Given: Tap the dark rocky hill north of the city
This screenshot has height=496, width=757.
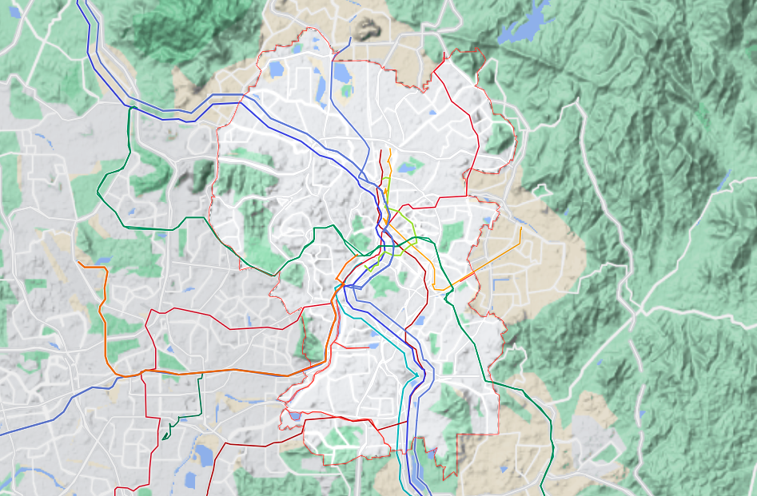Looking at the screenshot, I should point(367,28).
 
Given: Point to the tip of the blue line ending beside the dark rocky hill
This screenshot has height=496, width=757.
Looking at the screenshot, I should point(351,38).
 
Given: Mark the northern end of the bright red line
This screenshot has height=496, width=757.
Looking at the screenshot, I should point(380,149).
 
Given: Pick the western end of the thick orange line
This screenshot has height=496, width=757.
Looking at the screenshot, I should point(78,263).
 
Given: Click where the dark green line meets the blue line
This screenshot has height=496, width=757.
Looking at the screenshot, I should point(129,107).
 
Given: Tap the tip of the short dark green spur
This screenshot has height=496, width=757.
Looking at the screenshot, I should point(162,438).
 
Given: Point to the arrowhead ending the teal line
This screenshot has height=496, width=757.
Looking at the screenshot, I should point(416,375).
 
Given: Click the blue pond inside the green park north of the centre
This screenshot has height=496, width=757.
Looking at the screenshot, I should point(409,166).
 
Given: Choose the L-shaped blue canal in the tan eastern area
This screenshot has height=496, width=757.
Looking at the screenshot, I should point(500,284).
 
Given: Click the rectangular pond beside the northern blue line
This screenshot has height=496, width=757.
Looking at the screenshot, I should point(341,73).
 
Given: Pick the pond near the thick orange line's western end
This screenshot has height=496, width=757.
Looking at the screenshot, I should point(103,260).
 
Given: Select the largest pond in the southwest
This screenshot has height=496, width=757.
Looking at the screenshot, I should point(205,455).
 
